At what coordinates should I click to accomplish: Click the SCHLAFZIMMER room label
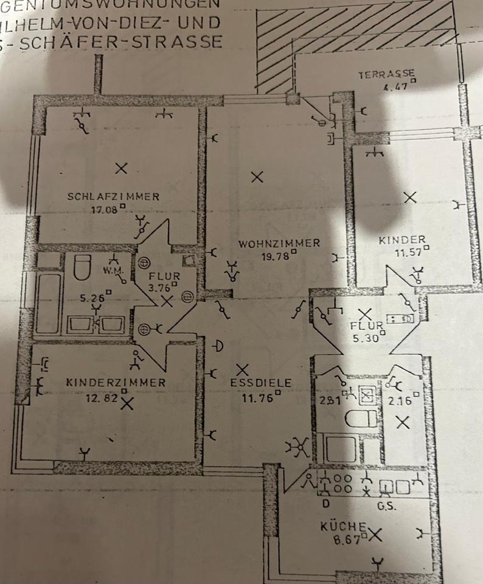point(114,196)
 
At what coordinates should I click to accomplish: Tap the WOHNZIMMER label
point(279,243)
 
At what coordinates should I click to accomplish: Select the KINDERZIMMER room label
point(116,383)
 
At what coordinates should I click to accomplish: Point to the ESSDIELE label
point(261,383)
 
